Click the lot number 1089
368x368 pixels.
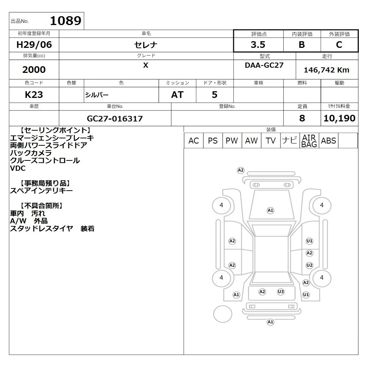pyautogui.click(x=66, y=21)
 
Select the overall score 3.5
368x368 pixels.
pyautogui.click(x=258, y=45)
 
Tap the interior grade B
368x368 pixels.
pyautogui.click(x=302, y=45)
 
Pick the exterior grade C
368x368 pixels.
pyautogui.click(x=339, y=45)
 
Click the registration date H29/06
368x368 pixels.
pyautogui.click(x=34, y=45)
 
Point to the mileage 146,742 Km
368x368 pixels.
pyautogui.click(x=326, y=70)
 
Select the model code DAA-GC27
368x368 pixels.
pyautogui.click(x=264, y=65)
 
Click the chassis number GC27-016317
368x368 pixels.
pyautogui.click(x=115, y=118)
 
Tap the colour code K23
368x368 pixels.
pyautogui.click(x=34, y=95)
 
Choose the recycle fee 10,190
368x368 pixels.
pyautogui.click(x=339, y=118)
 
